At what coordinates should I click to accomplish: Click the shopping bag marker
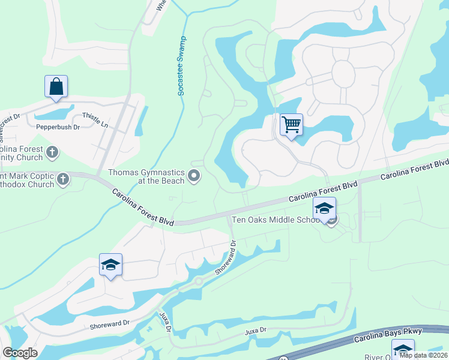56,86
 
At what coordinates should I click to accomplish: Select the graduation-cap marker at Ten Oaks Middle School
324,209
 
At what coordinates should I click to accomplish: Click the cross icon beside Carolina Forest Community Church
52,152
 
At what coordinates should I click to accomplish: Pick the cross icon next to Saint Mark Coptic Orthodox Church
63,179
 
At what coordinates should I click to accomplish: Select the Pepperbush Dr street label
54,127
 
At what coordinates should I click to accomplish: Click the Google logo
20,353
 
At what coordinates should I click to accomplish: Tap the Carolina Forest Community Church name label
22,153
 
